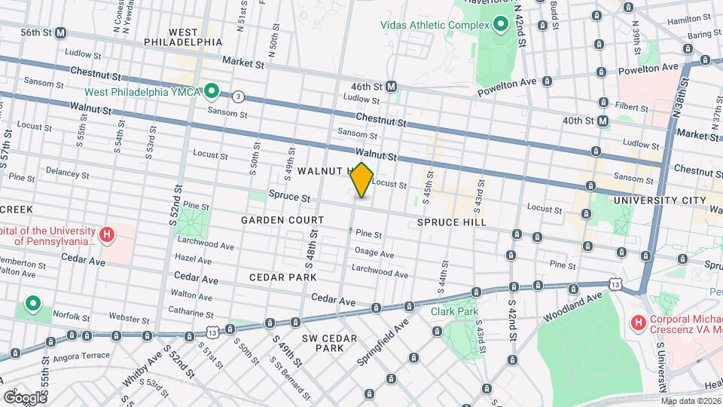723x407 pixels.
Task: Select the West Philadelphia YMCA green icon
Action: pos(212,92)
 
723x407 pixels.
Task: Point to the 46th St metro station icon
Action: pos(392,87)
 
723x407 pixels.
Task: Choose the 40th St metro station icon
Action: pos(602,121)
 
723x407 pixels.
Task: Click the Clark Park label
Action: pos(455,311)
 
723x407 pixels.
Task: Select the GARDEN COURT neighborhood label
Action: pos(282,220)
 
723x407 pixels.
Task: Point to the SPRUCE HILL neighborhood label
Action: pos(451,222)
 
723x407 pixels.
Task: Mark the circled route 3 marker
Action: pos(239,96)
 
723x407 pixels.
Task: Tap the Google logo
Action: pos(25,397)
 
